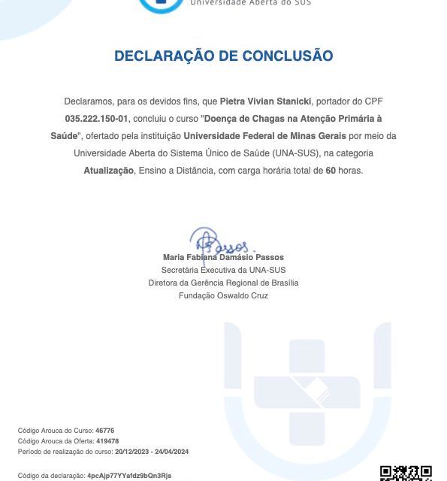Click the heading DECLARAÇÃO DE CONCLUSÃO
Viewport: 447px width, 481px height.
point(223,56)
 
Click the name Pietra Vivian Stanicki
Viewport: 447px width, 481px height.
point(261,100)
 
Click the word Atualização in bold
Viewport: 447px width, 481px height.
point(108,171)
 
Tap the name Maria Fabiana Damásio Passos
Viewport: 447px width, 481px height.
point(223,257)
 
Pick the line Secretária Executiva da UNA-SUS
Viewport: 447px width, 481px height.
point(223,270)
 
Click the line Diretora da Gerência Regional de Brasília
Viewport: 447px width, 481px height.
point(223,283)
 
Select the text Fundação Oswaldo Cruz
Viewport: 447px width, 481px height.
point(223,295)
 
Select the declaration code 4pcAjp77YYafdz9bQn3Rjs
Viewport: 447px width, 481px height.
point(129,476)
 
